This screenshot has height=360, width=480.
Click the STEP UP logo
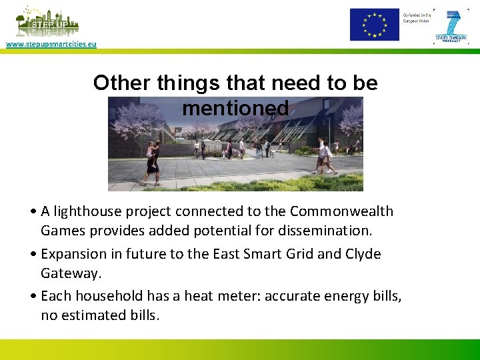47,23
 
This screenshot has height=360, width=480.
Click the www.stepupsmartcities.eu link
51,44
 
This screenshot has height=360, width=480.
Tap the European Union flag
375,25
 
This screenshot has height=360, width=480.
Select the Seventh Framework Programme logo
451,27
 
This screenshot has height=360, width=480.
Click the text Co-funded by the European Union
416,17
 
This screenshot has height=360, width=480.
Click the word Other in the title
122,83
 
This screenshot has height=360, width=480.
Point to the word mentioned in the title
235,108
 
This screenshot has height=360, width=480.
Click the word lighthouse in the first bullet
83,211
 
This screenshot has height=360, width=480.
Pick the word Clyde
363,254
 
